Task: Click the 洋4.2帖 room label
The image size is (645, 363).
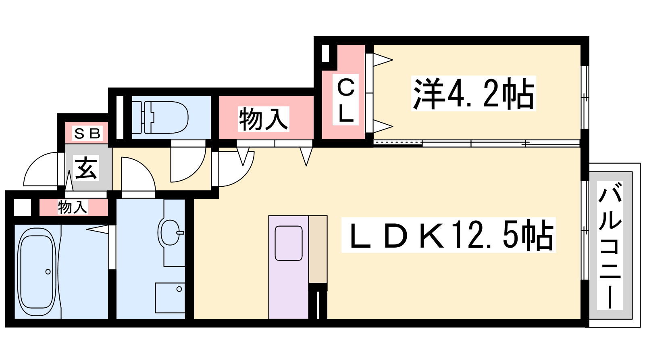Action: coord(473,93)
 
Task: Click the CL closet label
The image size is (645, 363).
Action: coord(345,100)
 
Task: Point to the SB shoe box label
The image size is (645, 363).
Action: coord(87,134)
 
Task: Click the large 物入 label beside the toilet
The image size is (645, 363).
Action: coord(263,119)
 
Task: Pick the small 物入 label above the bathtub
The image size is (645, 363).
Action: coord(72,207)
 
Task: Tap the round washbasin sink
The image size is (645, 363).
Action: coord(171,232)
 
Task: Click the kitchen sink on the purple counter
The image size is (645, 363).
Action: coord(289,243)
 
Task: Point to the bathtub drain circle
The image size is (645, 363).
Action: coord(48,272)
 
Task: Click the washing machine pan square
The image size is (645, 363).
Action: coord(170,298)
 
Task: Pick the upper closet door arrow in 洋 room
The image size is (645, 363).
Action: coord(383,60)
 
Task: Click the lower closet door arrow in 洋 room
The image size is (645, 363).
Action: coord(383,126)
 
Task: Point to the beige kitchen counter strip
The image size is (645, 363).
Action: coord(318,249)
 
